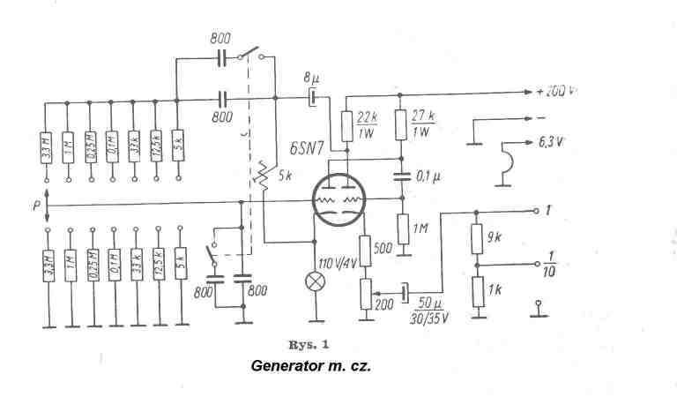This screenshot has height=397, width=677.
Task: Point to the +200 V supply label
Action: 556,91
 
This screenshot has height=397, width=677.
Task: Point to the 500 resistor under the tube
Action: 364,250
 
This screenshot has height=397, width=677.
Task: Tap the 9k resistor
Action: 477,236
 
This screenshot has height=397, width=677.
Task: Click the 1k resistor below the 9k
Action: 477,290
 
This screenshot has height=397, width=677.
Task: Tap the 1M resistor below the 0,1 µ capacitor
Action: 402,231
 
